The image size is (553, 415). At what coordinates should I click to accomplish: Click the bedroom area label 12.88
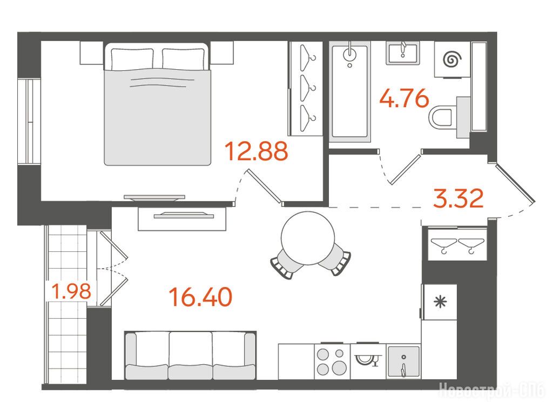pos(257,151)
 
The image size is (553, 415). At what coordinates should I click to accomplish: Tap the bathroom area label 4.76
pos(404,98)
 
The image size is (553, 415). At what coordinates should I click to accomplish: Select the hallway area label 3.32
pos(458,198)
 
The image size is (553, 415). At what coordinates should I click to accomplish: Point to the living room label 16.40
pos(201,297)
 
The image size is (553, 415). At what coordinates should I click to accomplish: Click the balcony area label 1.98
pos(72,291)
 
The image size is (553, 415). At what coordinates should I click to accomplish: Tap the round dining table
pos(308,238)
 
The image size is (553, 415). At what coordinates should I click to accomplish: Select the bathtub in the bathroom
pos(349,92)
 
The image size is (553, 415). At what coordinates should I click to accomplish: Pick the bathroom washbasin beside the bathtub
pos(403,53)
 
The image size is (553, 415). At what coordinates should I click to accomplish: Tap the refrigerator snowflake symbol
pos(440,302)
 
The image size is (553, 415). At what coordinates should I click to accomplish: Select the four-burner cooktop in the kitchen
pos(332,361)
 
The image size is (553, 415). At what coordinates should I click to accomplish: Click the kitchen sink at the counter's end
pos(404,362)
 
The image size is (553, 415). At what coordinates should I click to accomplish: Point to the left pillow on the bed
pos(132,59)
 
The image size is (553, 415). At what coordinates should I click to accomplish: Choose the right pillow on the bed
pos(184,59)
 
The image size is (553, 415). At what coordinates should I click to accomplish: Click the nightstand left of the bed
pos(91,53)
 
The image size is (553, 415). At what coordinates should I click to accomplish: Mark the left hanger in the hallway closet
pos(444,245)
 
